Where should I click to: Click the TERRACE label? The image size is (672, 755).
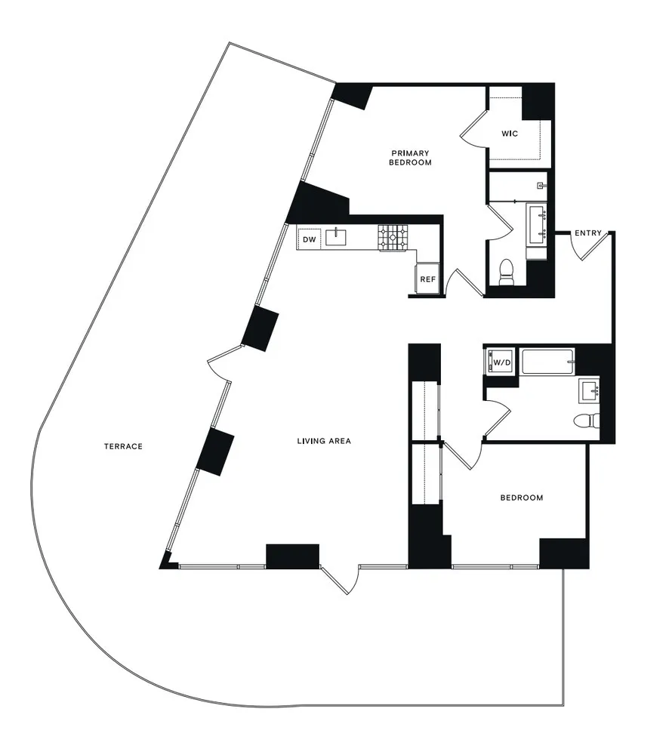[123, 446]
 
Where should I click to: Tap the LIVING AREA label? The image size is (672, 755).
[324, 441]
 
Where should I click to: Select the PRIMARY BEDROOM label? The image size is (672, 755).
[411, 157]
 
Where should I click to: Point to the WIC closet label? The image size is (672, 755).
[510, 134]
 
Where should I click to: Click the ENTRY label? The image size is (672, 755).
[588, 233]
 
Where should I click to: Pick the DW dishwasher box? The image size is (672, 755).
[309, 239]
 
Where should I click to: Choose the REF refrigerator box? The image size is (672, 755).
[427, 279]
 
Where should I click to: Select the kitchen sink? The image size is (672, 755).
[336, 239]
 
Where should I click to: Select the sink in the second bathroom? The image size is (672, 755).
[590, 391]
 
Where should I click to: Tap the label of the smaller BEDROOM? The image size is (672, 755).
[522, 498]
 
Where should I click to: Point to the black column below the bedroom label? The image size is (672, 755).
[563, 553]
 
